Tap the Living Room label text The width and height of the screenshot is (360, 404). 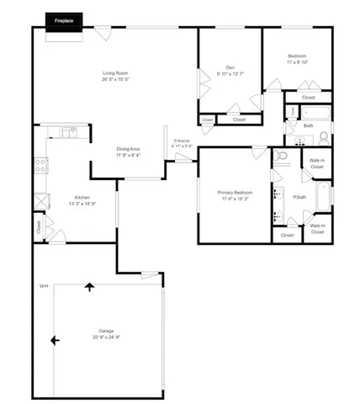[x=115, y=74]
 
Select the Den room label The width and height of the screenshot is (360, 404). [x=230, y=67]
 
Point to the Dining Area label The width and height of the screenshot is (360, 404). [x=128, y=149]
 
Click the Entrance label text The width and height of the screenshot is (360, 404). [x=182, y=140]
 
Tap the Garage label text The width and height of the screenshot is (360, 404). [x=106, y=331]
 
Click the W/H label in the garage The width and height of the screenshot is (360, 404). [x=44, y=287]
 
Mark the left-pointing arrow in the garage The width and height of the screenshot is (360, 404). [x=56, y=340]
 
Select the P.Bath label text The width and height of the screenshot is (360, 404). [x=299, y=197]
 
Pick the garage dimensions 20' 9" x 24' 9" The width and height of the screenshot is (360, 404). [x=106, y=337]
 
